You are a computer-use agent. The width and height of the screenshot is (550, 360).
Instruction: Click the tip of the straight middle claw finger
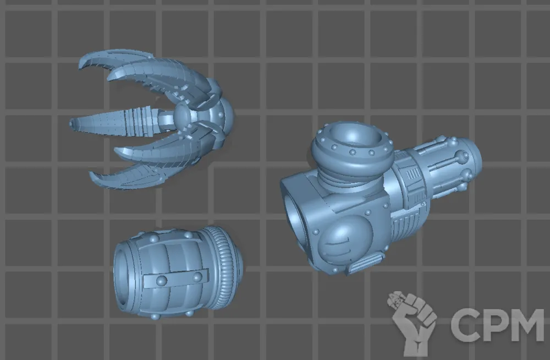pos(71,123)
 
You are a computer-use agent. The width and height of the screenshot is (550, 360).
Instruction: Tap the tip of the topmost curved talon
pos(80,68)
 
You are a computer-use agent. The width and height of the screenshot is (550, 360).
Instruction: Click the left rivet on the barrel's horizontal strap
pos(161,281)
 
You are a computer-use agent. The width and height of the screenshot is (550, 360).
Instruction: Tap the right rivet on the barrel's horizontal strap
pos(197,277)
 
